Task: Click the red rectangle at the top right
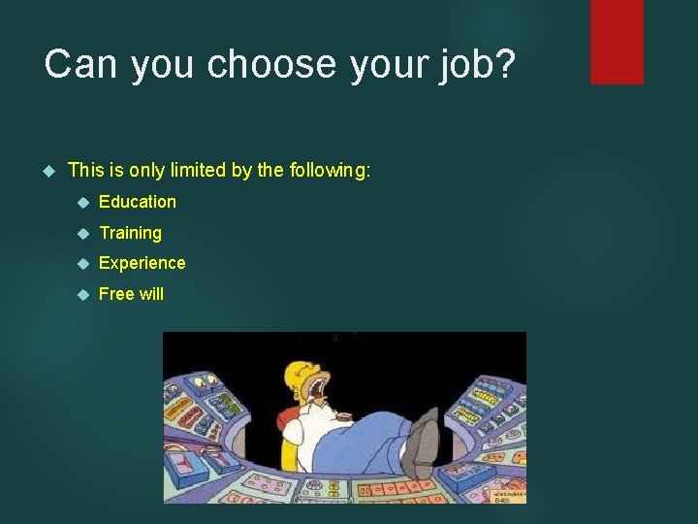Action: tap(617, 41)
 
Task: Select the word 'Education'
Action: tap(138, 202)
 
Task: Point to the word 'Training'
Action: tap(130, 233)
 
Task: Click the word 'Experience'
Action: tap(142, 263)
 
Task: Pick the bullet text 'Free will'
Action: tap(131, 294)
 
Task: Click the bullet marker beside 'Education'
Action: tap(83, 203)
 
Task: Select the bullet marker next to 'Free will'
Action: tap(83, 294)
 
